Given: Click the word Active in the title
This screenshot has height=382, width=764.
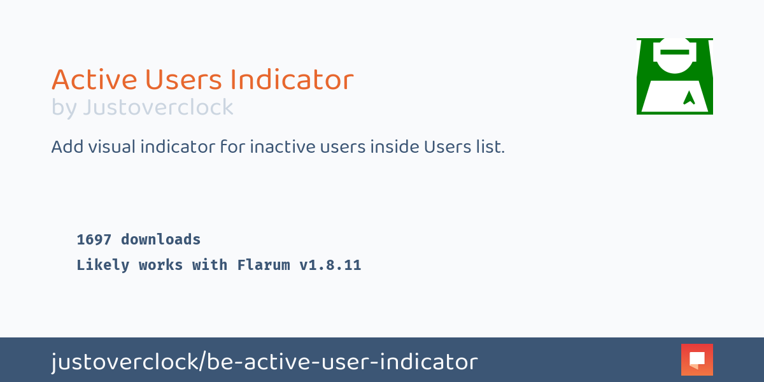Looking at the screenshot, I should point(94,80).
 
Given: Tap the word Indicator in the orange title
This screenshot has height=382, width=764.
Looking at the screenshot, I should point(292,80).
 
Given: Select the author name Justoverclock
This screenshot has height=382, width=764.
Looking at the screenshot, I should point(158,108).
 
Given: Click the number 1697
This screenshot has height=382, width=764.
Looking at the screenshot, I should point(94,239).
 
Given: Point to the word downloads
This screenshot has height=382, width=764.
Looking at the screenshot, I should point(161,239).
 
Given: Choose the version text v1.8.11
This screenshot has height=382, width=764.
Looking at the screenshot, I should point(330,265).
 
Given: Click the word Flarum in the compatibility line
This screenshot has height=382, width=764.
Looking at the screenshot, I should point(264,265).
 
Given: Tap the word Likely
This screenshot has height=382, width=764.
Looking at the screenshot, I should point(103,265).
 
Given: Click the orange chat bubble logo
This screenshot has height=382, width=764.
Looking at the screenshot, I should point(697,360).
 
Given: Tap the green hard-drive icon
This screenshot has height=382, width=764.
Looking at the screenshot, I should point(674,76).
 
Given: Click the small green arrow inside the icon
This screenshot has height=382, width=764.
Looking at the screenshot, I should point(689,98).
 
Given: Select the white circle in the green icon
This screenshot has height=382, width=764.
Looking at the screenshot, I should point(675,56).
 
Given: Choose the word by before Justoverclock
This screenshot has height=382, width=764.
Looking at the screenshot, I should point(64,108).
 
